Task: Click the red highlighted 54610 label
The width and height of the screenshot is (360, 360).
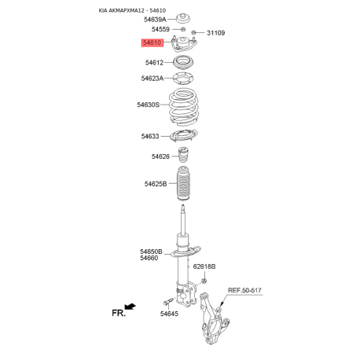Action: [152, 42]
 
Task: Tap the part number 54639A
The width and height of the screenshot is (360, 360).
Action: [155, 20]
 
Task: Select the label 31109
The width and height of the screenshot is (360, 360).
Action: [215, 33]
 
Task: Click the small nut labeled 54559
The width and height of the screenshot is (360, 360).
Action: [183, 29]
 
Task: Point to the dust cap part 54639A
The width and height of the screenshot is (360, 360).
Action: [182, 18]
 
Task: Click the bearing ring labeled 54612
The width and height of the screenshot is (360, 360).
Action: [183, 63]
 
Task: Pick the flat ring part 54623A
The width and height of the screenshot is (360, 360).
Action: [183, 78]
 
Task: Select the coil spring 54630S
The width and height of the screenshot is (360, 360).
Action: [183, 107]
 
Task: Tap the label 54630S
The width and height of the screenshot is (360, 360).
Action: [148, 105]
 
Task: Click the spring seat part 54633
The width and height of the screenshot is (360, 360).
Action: [184, 136]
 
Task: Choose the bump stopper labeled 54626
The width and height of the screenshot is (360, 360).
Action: [183, 155]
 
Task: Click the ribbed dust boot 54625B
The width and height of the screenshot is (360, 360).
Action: [183, 184]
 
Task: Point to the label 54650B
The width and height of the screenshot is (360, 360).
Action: [151, 252]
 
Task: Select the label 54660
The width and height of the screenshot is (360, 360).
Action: [149, 258]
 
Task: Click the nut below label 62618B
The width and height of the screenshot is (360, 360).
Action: [204, 281]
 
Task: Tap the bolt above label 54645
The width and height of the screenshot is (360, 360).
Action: [168, 301]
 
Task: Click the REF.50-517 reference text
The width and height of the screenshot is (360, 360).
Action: [244, 290]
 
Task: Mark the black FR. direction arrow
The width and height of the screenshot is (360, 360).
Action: [130, 306]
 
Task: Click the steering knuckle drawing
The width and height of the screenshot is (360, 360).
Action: [213, 318]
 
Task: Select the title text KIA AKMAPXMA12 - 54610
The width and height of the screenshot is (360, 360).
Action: [132, 10]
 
